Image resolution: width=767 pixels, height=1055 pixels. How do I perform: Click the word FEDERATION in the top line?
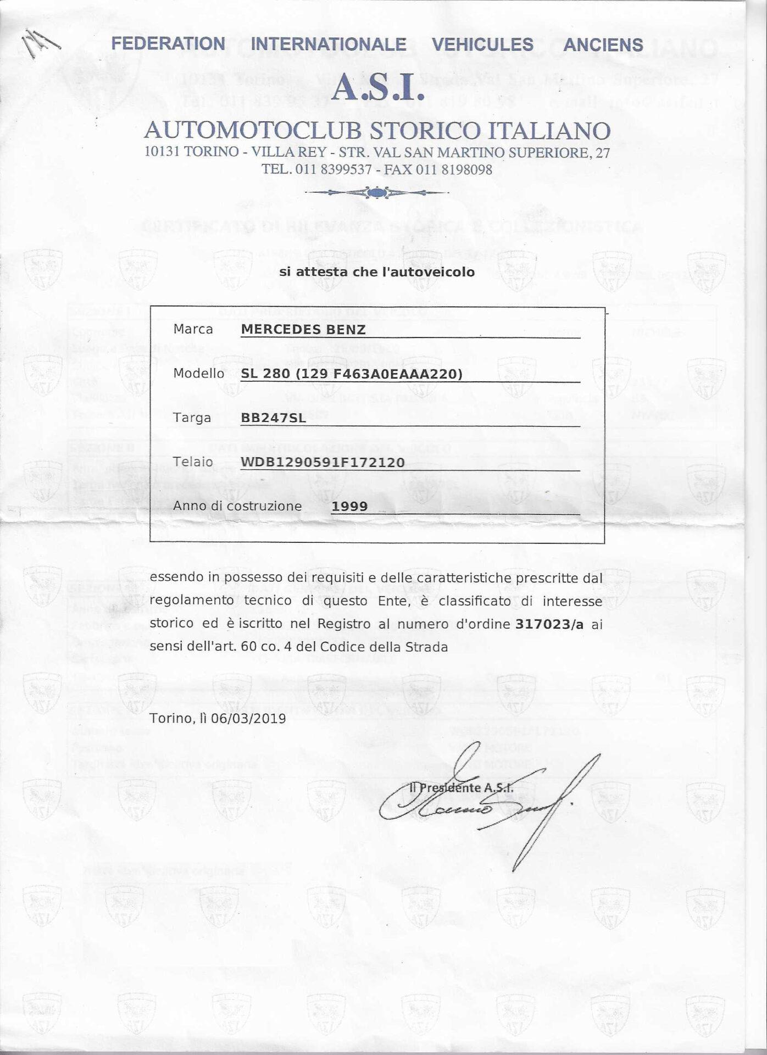168,44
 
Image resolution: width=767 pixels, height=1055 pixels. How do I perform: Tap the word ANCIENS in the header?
603,45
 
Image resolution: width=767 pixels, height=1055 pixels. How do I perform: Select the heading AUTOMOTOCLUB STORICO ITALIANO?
377,131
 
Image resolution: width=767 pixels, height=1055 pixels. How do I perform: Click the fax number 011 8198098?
454,170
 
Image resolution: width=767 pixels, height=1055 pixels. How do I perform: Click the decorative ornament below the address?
376,192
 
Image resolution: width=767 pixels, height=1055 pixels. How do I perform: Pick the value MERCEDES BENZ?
303,330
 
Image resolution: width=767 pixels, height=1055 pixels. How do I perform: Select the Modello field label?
198,374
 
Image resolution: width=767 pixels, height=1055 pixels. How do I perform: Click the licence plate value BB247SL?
273,418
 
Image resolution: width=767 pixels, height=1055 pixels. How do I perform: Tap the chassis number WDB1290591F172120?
323,462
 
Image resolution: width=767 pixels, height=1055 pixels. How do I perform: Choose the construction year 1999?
349,506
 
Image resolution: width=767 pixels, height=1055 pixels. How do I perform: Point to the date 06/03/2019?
253,718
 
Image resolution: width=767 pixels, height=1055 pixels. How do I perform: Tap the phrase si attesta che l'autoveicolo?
376,271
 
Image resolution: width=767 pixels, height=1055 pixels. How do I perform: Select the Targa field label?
192,418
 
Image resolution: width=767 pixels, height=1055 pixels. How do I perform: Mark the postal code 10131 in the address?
163,152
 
